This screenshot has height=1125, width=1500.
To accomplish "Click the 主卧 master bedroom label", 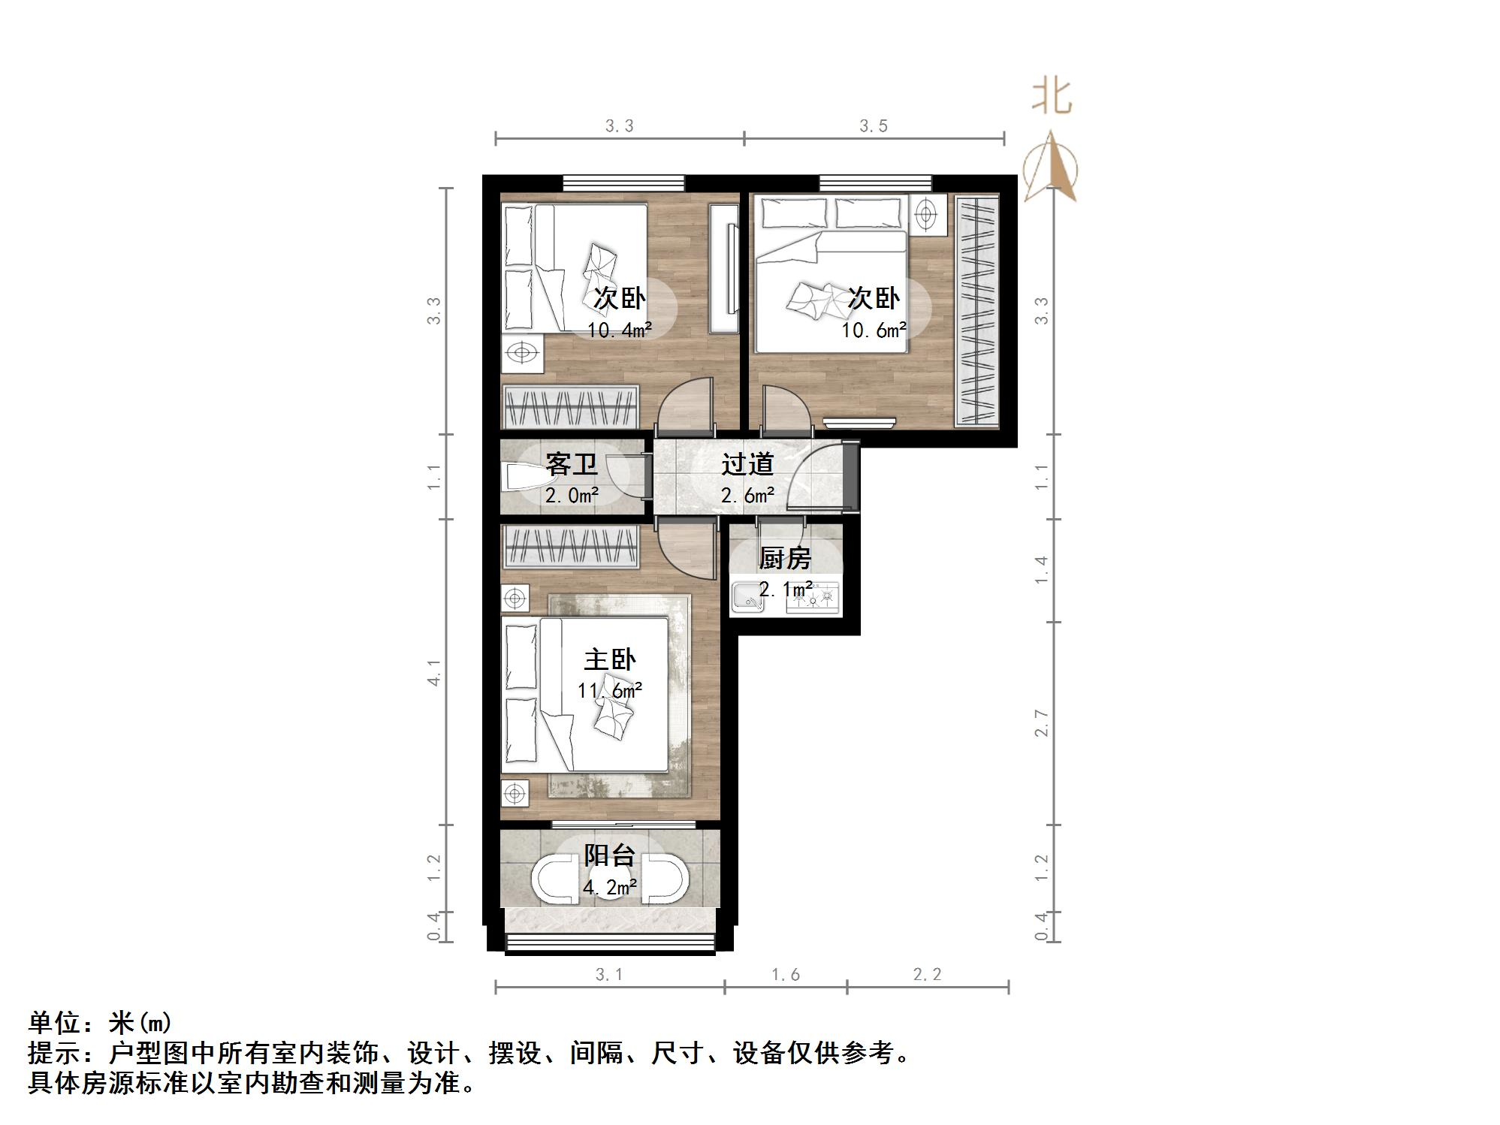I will click(609, 659).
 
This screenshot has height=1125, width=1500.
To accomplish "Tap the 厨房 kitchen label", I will click(785, 558).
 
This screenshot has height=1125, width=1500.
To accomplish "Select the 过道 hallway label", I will click(747, 464).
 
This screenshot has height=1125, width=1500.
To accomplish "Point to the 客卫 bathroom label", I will click(571, 464).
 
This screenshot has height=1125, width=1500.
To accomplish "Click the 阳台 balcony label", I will click(609, 855).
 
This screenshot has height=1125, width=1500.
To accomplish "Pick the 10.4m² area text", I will click(619, 330).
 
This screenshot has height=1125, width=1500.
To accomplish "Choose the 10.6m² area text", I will click(874, 330).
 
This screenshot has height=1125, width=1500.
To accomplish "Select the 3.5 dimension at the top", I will click(874, 125).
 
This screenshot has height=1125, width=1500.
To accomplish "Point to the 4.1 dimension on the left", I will click(434, 672).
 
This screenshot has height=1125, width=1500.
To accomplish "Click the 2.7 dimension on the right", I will click(1041, 722).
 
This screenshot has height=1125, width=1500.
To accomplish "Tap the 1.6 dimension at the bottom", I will click(786, 974).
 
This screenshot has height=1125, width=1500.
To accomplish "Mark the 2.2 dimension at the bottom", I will click(927, 974).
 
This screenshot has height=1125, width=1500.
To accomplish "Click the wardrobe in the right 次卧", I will click(976, 311).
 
